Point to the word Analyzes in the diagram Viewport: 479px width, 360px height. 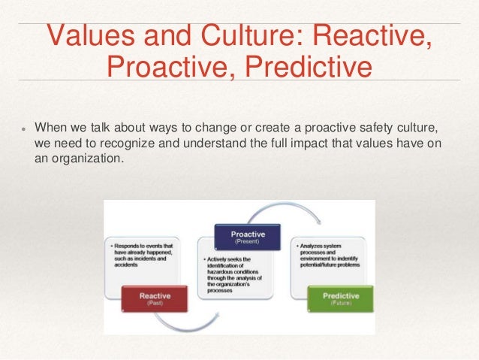315,246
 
